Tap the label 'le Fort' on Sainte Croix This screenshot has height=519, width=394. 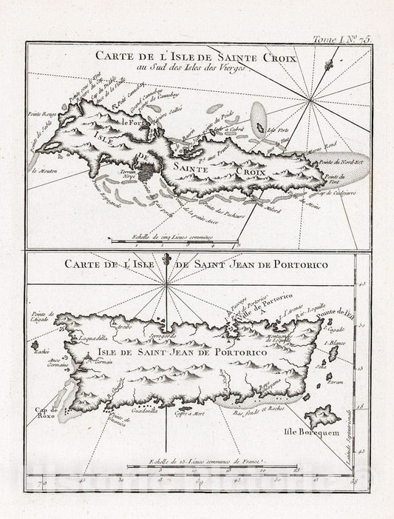133,123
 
